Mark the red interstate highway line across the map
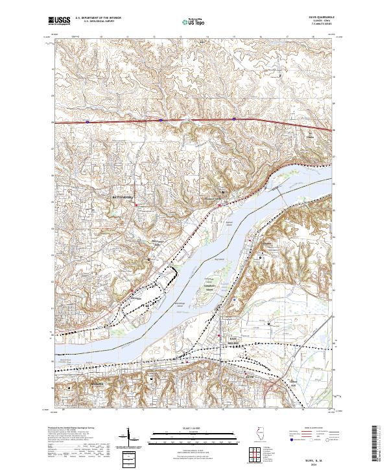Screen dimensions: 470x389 194,120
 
